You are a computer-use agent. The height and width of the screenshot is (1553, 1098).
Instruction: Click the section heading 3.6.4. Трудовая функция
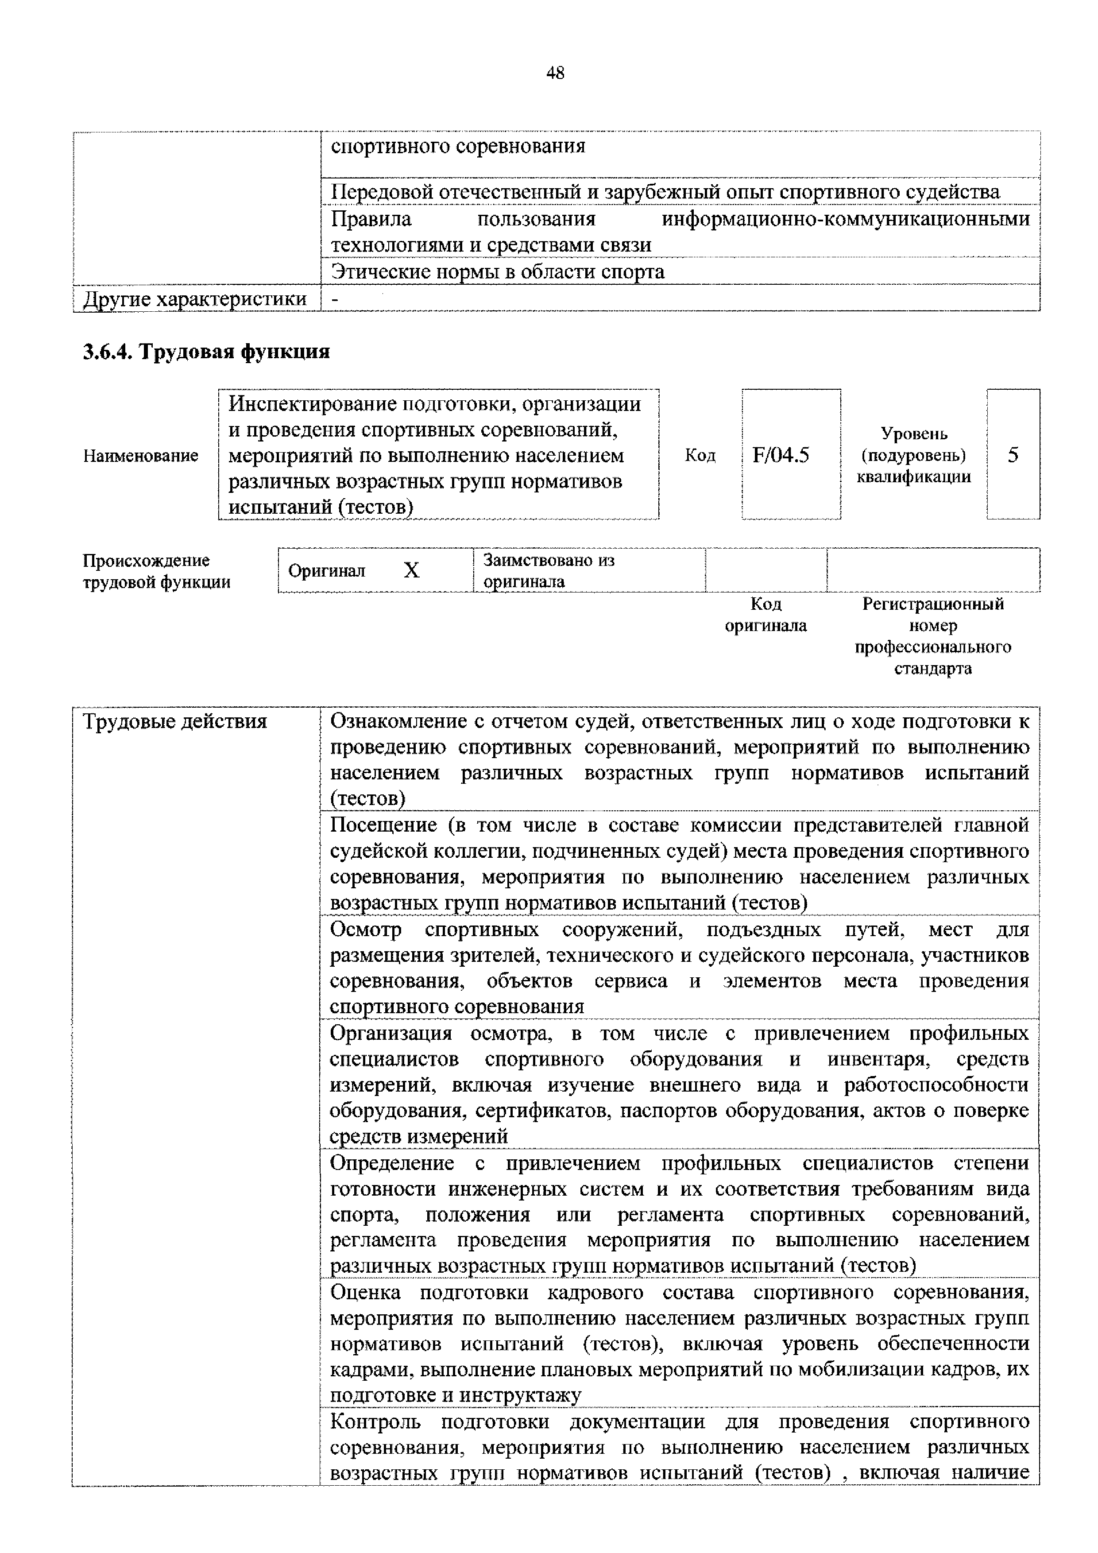(x=206, y=352)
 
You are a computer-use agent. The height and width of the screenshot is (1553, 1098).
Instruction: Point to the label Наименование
(x=141, y=456)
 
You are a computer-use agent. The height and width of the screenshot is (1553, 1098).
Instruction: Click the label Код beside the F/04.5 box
(x=700, y=455)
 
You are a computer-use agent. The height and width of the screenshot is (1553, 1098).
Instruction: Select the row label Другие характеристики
(x=195, y=299)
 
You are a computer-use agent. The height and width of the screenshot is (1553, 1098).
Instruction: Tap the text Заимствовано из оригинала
(x=548, y=570)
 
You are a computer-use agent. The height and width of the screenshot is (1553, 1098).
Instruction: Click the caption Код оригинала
(x=766, y=614)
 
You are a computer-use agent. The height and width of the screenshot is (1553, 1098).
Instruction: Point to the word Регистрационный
(x=932, y=603)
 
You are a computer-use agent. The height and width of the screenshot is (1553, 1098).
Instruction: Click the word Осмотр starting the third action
(x=365, y=929)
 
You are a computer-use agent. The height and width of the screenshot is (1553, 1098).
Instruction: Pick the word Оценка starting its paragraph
(x=365, y=1293)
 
